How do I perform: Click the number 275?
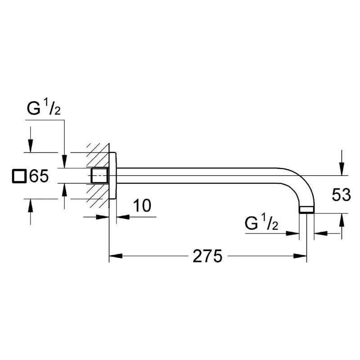tap(207, 256)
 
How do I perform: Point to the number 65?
tap(39, 176)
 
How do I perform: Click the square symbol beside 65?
tap(18, 176)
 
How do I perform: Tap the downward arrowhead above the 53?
tap(342, 169)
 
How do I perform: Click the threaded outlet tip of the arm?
tap(306, 210)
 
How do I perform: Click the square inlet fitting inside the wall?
tap(100, 176)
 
